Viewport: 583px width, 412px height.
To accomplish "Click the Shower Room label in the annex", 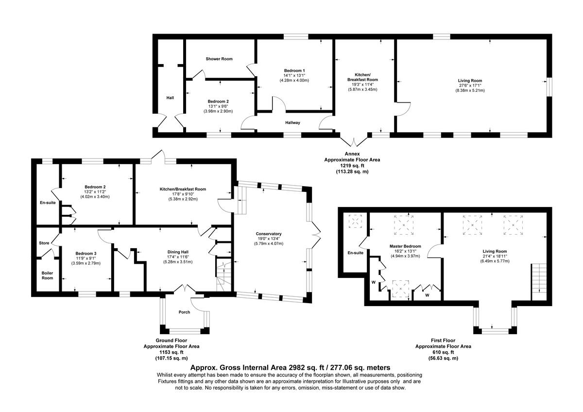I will pos(219,59).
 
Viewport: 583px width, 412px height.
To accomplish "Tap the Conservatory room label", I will pos(269,234).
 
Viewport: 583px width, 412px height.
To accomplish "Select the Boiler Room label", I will pos(47,275).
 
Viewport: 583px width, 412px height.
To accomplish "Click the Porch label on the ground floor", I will pos(184,312).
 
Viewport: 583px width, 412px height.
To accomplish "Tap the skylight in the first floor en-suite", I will pos(356,222).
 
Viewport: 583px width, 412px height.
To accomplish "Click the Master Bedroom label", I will pos(405,246).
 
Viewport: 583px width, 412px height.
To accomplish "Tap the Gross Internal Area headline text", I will pos(290,368).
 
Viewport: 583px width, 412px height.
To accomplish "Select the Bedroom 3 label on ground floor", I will pos(86,253).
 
